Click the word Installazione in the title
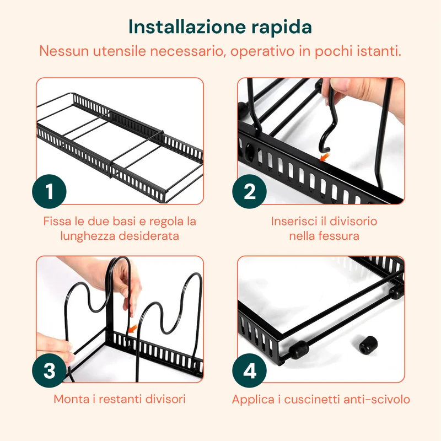tap(187, 27)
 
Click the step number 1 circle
tap(49, 191)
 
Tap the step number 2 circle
tap(250, 191)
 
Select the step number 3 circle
tap(49, 370)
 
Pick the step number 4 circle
tap(250, 370)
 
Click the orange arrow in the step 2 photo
tap(325, 157)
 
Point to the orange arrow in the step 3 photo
tap(132, 329)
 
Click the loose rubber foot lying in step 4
tap(368, 345)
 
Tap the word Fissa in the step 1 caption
tap(57, 221)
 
